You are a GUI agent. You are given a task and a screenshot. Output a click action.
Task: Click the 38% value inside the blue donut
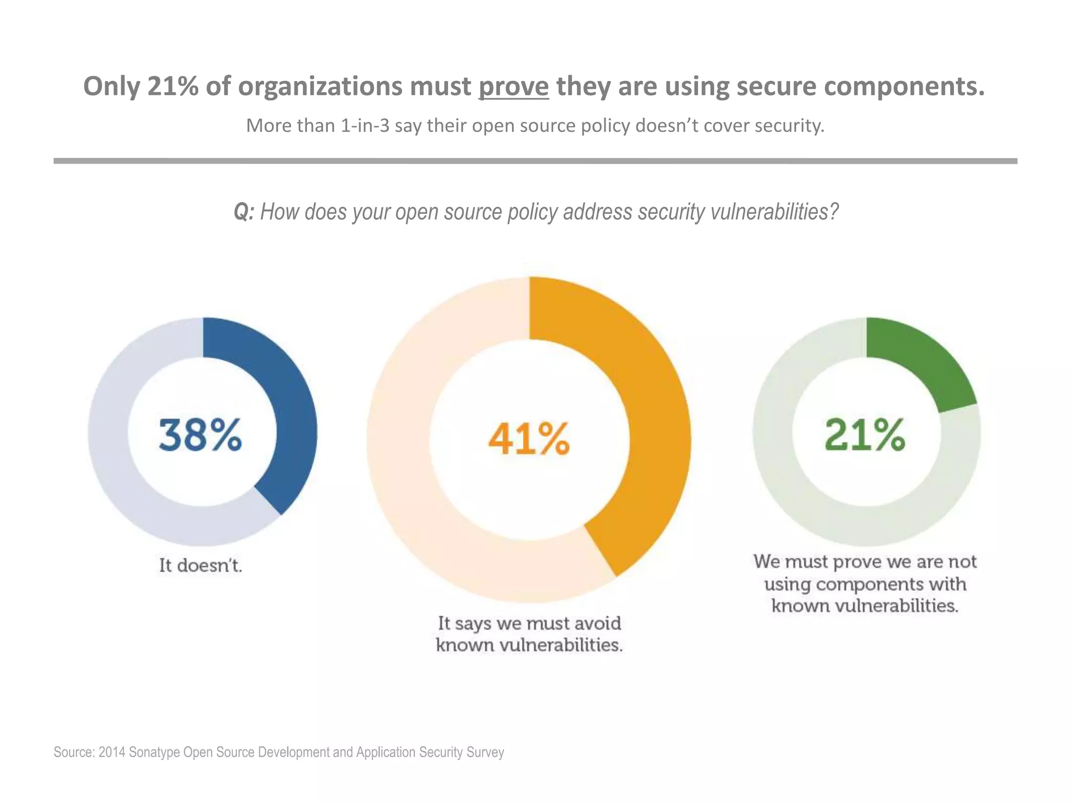point(200,435)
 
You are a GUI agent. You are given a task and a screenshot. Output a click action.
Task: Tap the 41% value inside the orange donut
point(529,439)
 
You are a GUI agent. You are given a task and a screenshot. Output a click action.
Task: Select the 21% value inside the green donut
point(865,434)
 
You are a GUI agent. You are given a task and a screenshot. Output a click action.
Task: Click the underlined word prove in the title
point(514,86)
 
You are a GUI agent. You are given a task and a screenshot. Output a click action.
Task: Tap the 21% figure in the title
point(173,86)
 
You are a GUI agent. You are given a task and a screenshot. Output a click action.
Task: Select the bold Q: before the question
point(244,212)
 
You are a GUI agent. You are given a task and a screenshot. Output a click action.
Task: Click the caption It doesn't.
point(200,565)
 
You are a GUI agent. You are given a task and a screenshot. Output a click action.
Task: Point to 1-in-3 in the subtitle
point(365,126)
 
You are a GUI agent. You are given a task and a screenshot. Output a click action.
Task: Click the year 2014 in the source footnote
point(112,752)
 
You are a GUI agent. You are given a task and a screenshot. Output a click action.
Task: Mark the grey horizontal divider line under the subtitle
point(535,161)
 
